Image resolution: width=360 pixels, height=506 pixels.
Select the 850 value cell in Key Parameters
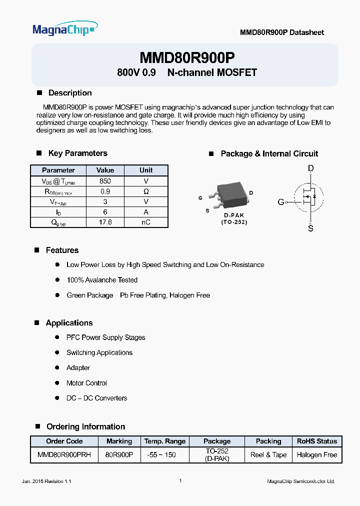click(x=105, y=181)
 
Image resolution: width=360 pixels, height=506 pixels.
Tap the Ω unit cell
click(x=146, y=191)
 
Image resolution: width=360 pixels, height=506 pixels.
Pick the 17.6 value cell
click(x=105, y=222)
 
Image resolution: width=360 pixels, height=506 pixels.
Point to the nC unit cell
click(x=146, y=222)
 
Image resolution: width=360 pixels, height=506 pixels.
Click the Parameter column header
click(x=58, y=170)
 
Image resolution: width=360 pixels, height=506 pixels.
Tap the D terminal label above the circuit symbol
click(x=310, y=169)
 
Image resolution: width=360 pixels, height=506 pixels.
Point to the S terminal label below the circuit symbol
click(x=310, y=228)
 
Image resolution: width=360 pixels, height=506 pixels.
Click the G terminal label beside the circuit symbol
click(x=280, y=202)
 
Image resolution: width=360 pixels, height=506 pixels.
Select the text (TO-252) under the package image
click(x=234, y=222)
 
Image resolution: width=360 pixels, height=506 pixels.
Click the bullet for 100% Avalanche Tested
click(x=57, y=280)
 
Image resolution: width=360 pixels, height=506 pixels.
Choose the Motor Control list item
click(x=86, y=383)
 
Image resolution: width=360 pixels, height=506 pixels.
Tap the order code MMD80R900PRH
click(x=64, y=455)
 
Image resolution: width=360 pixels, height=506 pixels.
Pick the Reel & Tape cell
click(x=268, y=455)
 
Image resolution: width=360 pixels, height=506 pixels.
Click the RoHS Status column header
click(x=317, y=441)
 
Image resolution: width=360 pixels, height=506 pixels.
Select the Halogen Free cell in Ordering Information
click(x=317, y=455)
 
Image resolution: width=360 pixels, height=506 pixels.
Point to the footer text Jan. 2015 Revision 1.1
click(x=47, y=481)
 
